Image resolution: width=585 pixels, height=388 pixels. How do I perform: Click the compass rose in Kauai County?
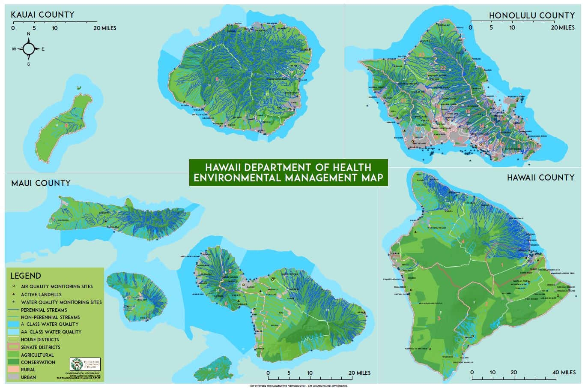click(29, 49)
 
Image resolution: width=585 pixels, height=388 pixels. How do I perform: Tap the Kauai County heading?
click(42, 15)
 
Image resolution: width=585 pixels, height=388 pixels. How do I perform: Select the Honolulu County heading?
click(531, 15)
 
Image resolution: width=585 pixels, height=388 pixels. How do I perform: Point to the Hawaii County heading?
click(540, 177)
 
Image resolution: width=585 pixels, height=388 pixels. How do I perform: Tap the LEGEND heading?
click(26, 276)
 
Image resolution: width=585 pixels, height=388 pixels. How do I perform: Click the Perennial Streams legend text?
click(44, 310)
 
